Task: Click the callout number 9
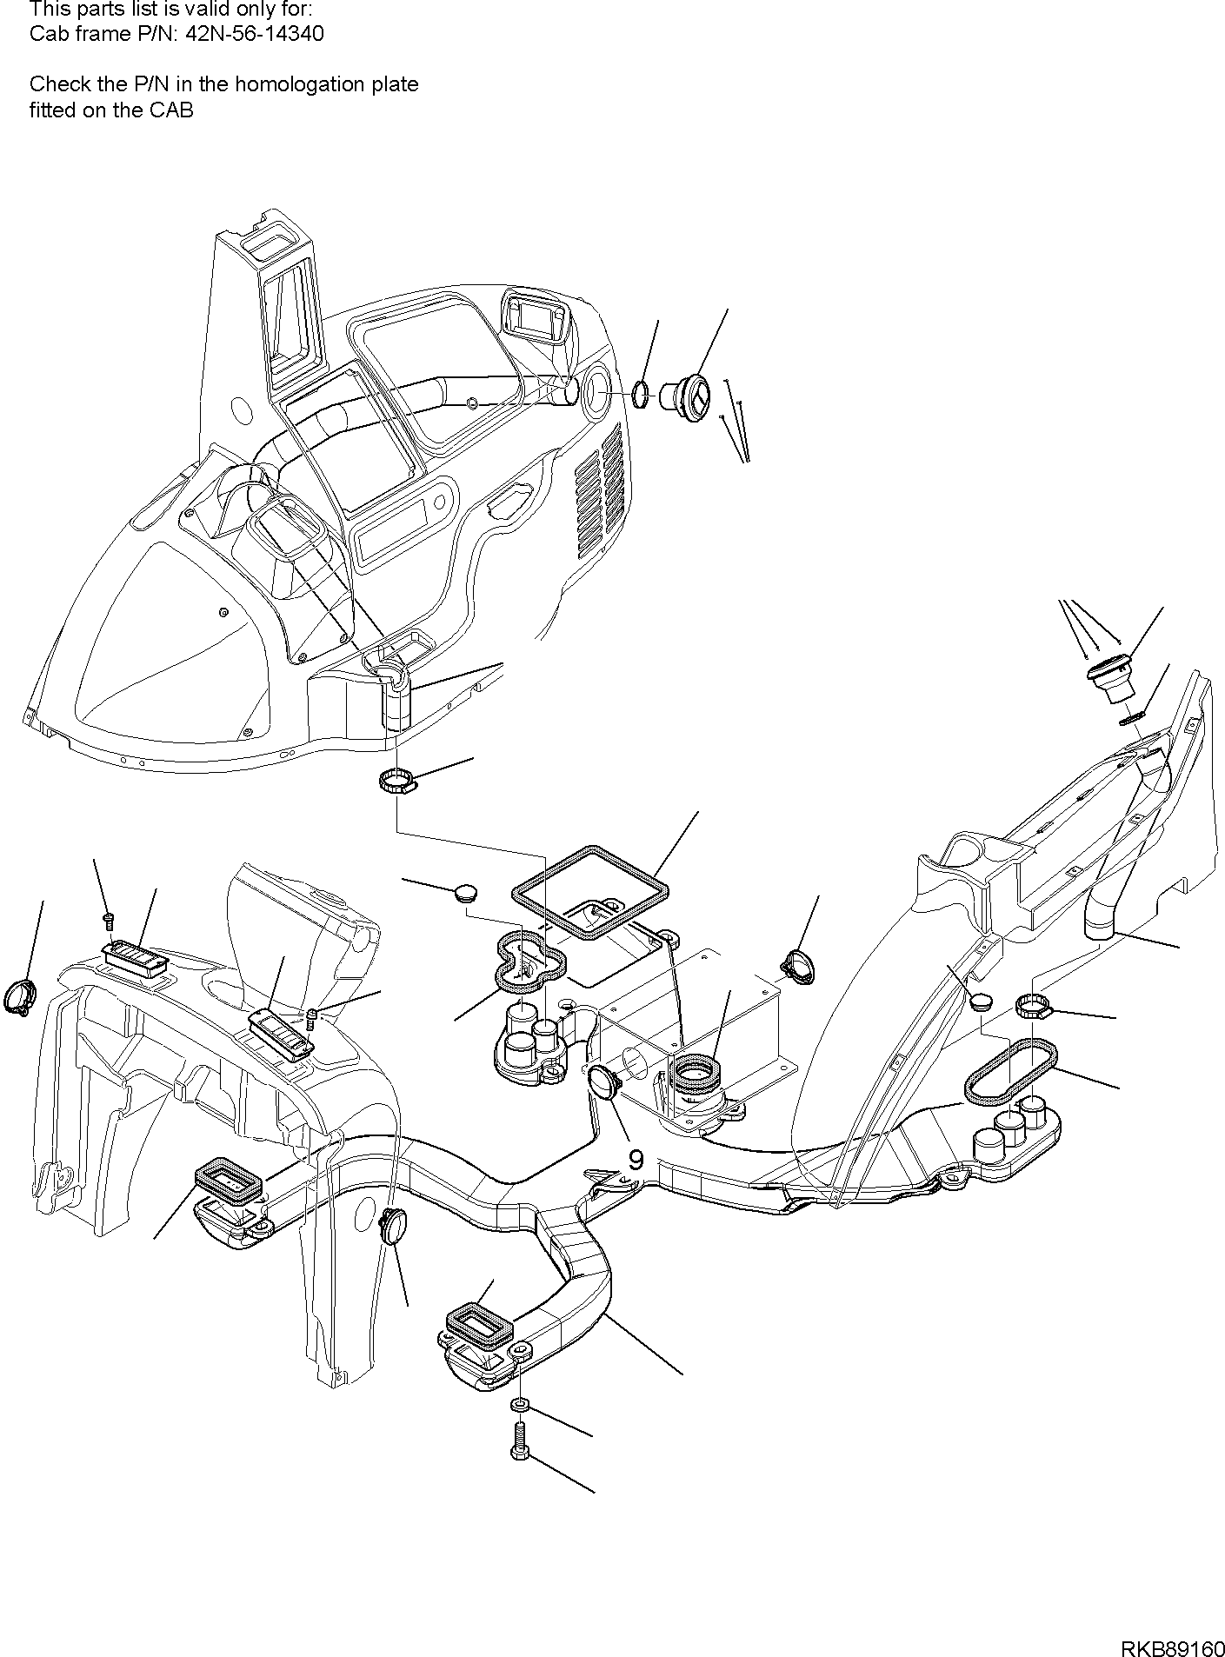[x=636, y=1160]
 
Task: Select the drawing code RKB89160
[x=1170, y=1647]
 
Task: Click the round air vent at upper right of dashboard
[x=693, y=396]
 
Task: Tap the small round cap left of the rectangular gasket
[x=467, y=892]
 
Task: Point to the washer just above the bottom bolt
[x=519, y=1406]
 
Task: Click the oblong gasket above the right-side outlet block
[x=1011, y=1072]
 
